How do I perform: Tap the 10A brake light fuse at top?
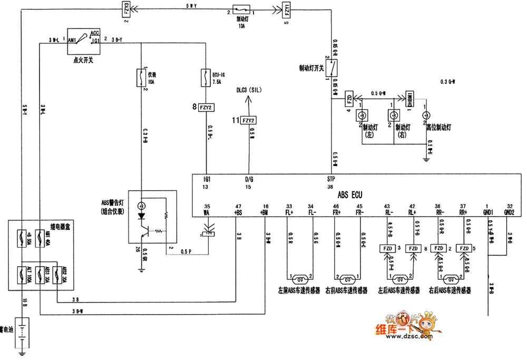click(x=243, y=10)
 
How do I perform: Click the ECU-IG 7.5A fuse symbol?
click(x=206, y=80)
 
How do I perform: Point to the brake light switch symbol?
click(x=332, y=68)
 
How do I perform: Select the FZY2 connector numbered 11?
click(x=248, y=121)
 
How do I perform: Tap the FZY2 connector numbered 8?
click(x=206, y=108)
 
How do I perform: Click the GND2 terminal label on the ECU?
click(x=509, y=212)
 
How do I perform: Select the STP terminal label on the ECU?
click(x=331, y=179)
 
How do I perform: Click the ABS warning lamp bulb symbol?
click(x=141, y=205)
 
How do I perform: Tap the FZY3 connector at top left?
click(x=127, y=9)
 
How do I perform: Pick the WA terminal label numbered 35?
click(x=207, y=212)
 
